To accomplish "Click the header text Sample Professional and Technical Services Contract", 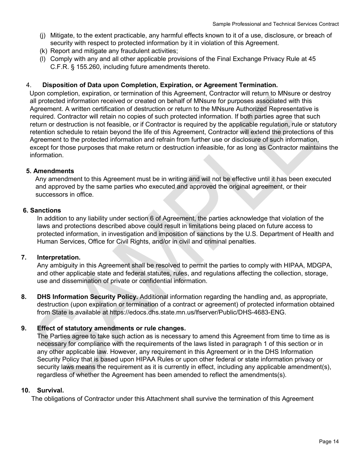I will point(275,24).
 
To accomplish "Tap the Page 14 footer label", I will point(329,441).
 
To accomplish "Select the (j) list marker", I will point(43,35).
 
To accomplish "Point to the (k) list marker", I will point(43,51).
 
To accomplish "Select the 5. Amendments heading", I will point(50,171).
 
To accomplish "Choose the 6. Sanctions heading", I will point(42,210).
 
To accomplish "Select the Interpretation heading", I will point(58,258).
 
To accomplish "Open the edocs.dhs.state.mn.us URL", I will point(197,312).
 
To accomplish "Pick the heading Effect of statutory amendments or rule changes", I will point(111,328).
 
